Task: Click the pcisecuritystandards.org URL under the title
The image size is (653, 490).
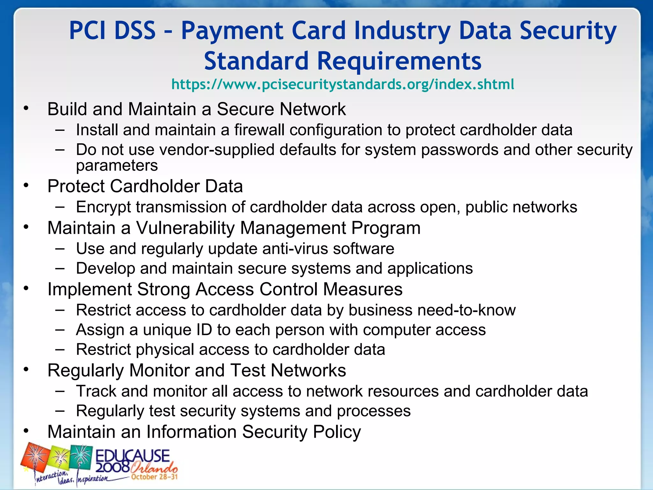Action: pyautogui.click(x=343, y=85)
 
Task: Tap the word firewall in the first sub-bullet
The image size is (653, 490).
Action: pyautogui.click(x=259, y=130)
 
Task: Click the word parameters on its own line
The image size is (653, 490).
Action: pyautogui.click(x=117, y=166)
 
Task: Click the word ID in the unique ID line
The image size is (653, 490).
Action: pyautogui.click(x=204, y=330)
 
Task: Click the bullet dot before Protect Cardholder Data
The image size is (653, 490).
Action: pyautogui.click(x=26, y=185)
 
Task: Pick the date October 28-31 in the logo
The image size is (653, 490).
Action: pyautogui.click(x=154, y=477)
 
